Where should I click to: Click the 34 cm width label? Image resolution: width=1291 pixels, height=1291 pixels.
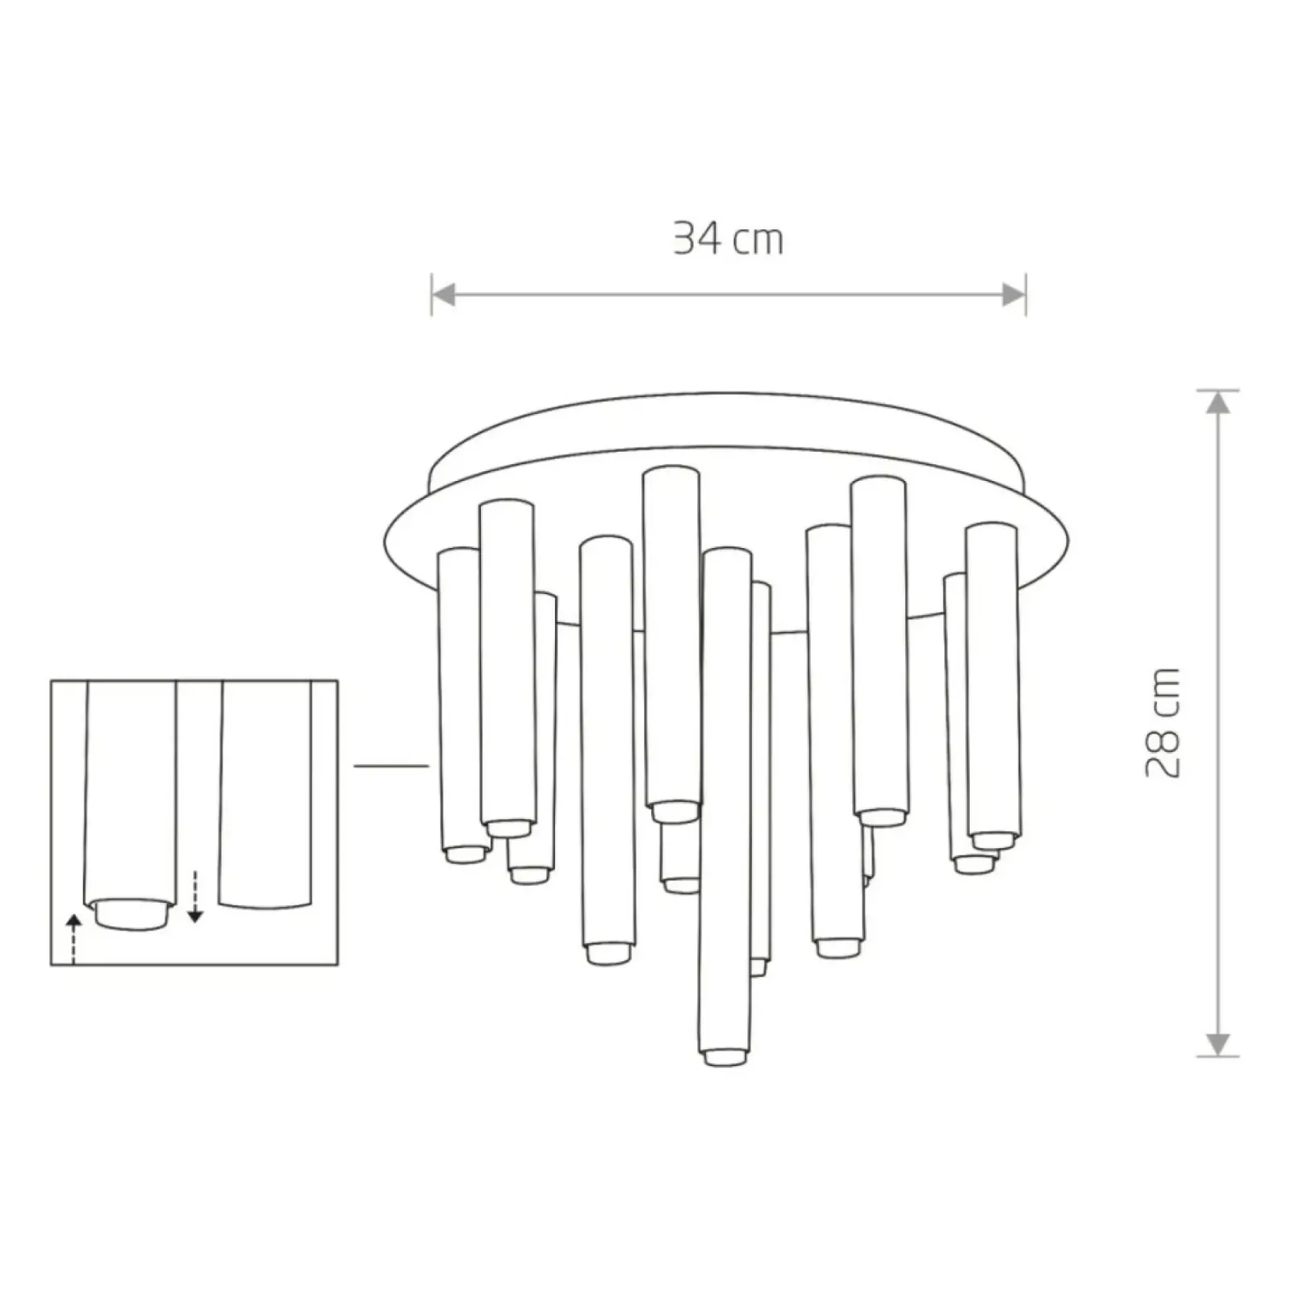tap(728, 239)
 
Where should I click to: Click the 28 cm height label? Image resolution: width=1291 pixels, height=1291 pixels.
tap(1163, 722)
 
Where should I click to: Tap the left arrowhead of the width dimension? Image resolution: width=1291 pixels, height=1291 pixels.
tap(443, 295)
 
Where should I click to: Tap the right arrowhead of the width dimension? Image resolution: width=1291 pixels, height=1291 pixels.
tap(1013, 295)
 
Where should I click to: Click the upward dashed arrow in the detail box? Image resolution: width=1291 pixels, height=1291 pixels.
tap(73, 939)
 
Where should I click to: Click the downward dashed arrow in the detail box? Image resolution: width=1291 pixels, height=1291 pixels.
tap(194, 896)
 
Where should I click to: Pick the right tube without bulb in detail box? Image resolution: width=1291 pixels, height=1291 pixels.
tap(265, 795)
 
